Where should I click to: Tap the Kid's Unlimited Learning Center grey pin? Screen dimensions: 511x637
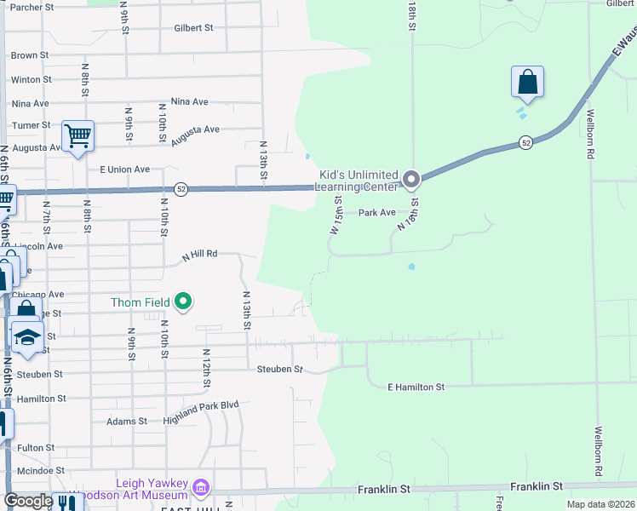click(411, 180)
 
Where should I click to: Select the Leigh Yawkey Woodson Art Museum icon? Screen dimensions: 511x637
click(201, 488)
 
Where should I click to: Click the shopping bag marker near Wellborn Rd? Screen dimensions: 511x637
click(528, 83)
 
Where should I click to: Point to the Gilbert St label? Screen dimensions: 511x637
click(193, 27)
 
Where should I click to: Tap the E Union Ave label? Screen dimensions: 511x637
click(125, 169)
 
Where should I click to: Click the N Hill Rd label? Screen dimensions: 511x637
click(200, 254)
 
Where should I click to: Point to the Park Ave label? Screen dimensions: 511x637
click(376, 213)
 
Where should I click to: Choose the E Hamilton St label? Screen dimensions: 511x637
click(416, 388)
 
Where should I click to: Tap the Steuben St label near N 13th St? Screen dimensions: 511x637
click(280, 370)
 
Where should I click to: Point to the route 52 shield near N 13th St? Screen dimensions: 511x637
click(181, 188)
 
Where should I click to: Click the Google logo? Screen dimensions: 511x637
click(28, 501)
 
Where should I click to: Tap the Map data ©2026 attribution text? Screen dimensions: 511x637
click(600, 504)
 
